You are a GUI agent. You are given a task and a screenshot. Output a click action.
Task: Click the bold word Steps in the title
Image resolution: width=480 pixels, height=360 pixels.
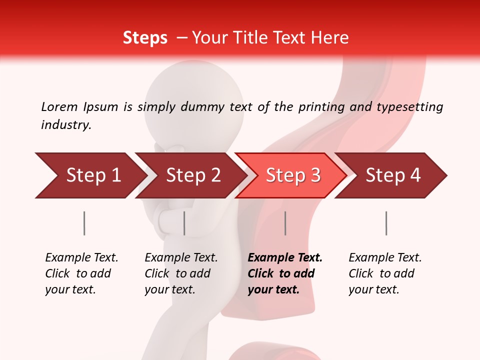(145, 38)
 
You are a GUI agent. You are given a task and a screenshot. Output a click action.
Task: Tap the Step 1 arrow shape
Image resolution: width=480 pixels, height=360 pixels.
(90, 175)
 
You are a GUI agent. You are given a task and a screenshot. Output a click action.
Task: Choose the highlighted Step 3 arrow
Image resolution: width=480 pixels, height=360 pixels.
(292, 175)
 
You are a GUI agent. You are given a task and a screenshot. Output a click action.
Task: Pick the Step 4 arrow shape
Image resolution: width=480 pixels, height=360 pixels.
(392, 175)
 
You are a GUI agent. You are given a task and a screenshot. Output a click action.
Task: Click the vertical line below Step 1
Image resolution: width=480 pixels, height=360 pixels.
(84, 223)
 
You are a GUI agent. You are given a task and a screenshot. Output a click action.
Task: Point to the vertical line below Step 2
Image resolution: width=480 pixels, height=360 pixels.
(184, 223)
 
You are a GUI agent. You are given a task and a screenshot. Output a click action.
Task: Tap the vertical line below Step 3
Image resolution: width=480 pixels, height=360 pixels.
(285, 223)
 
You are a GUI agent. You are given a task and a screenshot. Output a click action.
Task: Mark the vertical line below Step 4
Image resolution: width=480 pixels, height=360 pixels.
(386, 223)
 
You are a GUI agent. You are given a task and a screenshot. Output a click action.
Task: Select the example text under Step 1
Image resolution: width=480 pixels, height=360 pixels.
(81, 273)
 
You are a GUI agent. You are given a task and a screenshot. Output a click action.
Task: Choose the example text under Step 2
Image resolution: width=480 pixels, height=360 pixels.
(181, 273)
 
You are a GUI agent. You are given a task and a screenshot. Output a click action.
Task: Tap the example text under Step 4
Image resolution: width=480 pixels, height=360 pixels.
(385, 273)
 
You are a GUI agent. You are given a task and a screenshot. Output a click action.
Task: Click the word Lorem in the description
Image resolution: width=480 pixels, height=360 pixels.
(59, 106)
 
